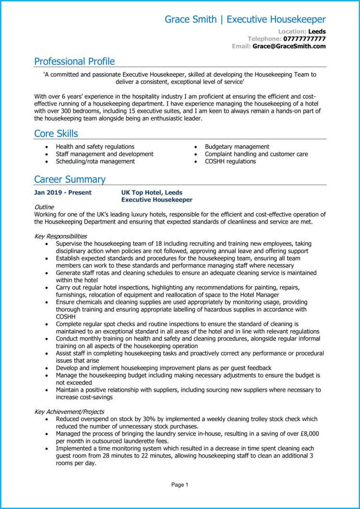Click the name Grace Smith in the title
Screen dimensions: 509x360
tap(191, 20)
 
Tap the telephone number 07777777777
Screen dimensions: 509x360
tap(304, 39)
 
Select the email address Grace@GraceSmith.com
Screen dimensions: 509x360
tap(289, 47)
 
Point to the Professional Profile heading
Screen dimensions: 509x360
tap(74, 61)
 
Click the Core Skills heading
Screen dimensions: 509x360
tap(56, 133)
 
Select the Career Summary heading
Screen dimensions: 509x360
tap(70, 179)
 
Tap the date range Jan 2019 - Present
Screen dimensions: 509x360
tap(62, 192)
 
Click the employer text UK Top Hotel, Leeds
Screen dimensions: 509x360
tap(152, 192)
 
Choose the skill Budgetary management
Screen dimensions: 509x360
tap(237, 147)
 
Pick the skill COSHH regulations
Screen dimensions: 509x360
tap(230, 162)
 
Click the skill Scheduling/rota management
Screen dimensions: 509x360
tap(95, 162)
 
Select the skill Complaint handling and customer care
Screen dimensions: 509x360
tap(256, 154)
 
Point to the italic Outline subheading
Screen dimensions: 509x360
tap(44, 207)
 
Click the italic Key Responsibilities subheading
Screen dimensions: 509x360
tap(60, 236)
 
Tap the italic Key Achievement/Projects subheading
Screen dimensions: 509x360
tap(69, 412)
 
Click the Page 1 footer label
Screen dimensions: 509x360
tap(180, 485)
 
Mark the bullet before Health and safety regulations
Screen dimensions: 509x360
tap(46, 147)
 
